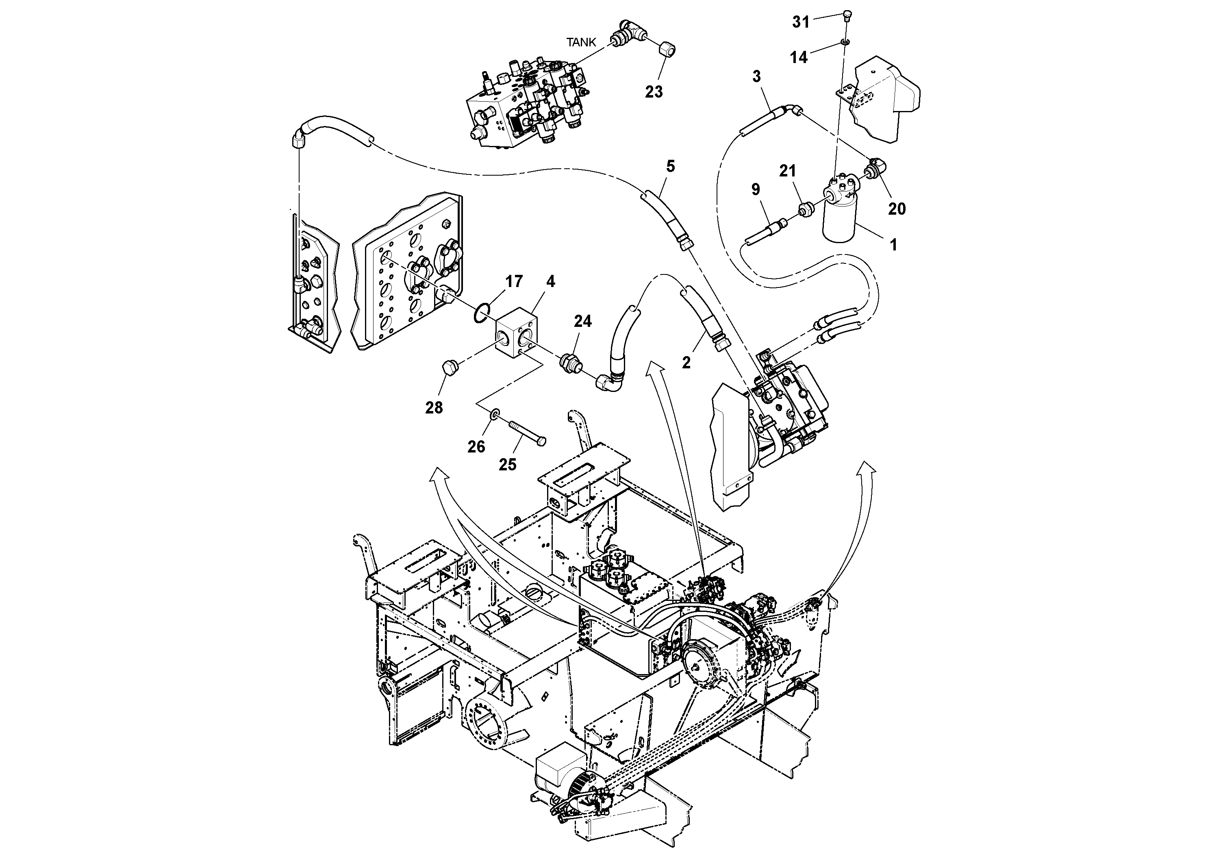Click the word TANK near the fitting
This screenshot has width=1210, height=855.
[581, 43]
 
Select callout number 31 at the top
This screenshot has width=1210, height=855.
[801, 22]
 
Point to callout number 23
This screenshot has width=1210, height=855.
[654, 92]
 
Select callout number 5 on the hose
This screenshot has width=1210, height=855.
[670, 167]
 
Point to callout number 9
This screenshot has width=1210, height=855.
[756, 189]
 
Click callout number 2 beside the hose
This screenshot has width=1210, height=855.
[686, 362]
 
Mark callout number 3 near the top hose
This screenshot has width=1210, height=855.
[757, 76]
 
